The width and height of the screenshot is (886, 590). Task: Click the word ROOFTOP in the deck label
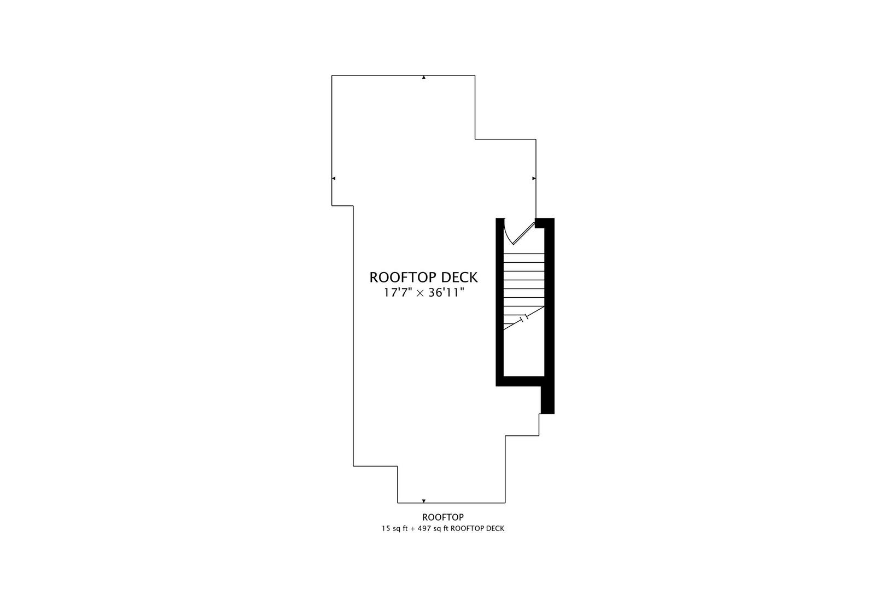pyautogui.click(x=399, y=278)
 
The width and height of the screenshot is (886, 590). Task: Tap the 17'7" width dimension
pyautogui.click(x=398, y=293)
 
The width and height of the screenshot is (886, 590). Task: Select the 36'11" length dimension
pyautogui.click(x=446, y=293)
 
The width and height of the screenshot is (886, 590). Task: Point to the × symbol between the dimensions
pyautogui.click(x=421, y=293)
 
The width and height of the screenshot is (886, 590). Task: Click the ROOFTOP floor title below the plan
pyautogui.click(x=443, y=517)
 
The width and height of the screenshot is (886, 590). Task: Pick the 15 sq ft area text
pyautogui.click(x=394, y=529)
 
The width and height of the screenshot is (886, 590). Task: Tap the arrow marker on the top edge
pyautogui.click(x=424, y=78)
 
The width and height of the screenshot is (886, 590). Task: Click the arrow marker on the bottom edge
pyautogui.click(x=424, y=501)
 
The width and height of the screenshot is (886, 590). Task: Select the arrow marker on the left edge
pyautogui.click(x=334, y=178)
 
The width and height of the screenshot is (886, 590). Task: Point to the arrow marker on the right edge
pyautogui.click(x=534, y=178)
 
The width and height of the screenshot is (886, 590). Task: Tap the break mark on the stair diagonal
pyautogui.click(x=524, y=318)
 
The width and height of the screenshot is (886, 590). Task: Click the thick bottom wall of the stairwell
pyautogui.click(x=520, y=381)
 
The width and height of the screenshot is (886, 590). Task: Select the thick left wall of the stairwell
pyautogui.click(x=500, y=302)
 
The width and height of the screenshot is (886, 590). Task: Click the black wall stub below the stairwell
pyautogui.click(x=547, y=400)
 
